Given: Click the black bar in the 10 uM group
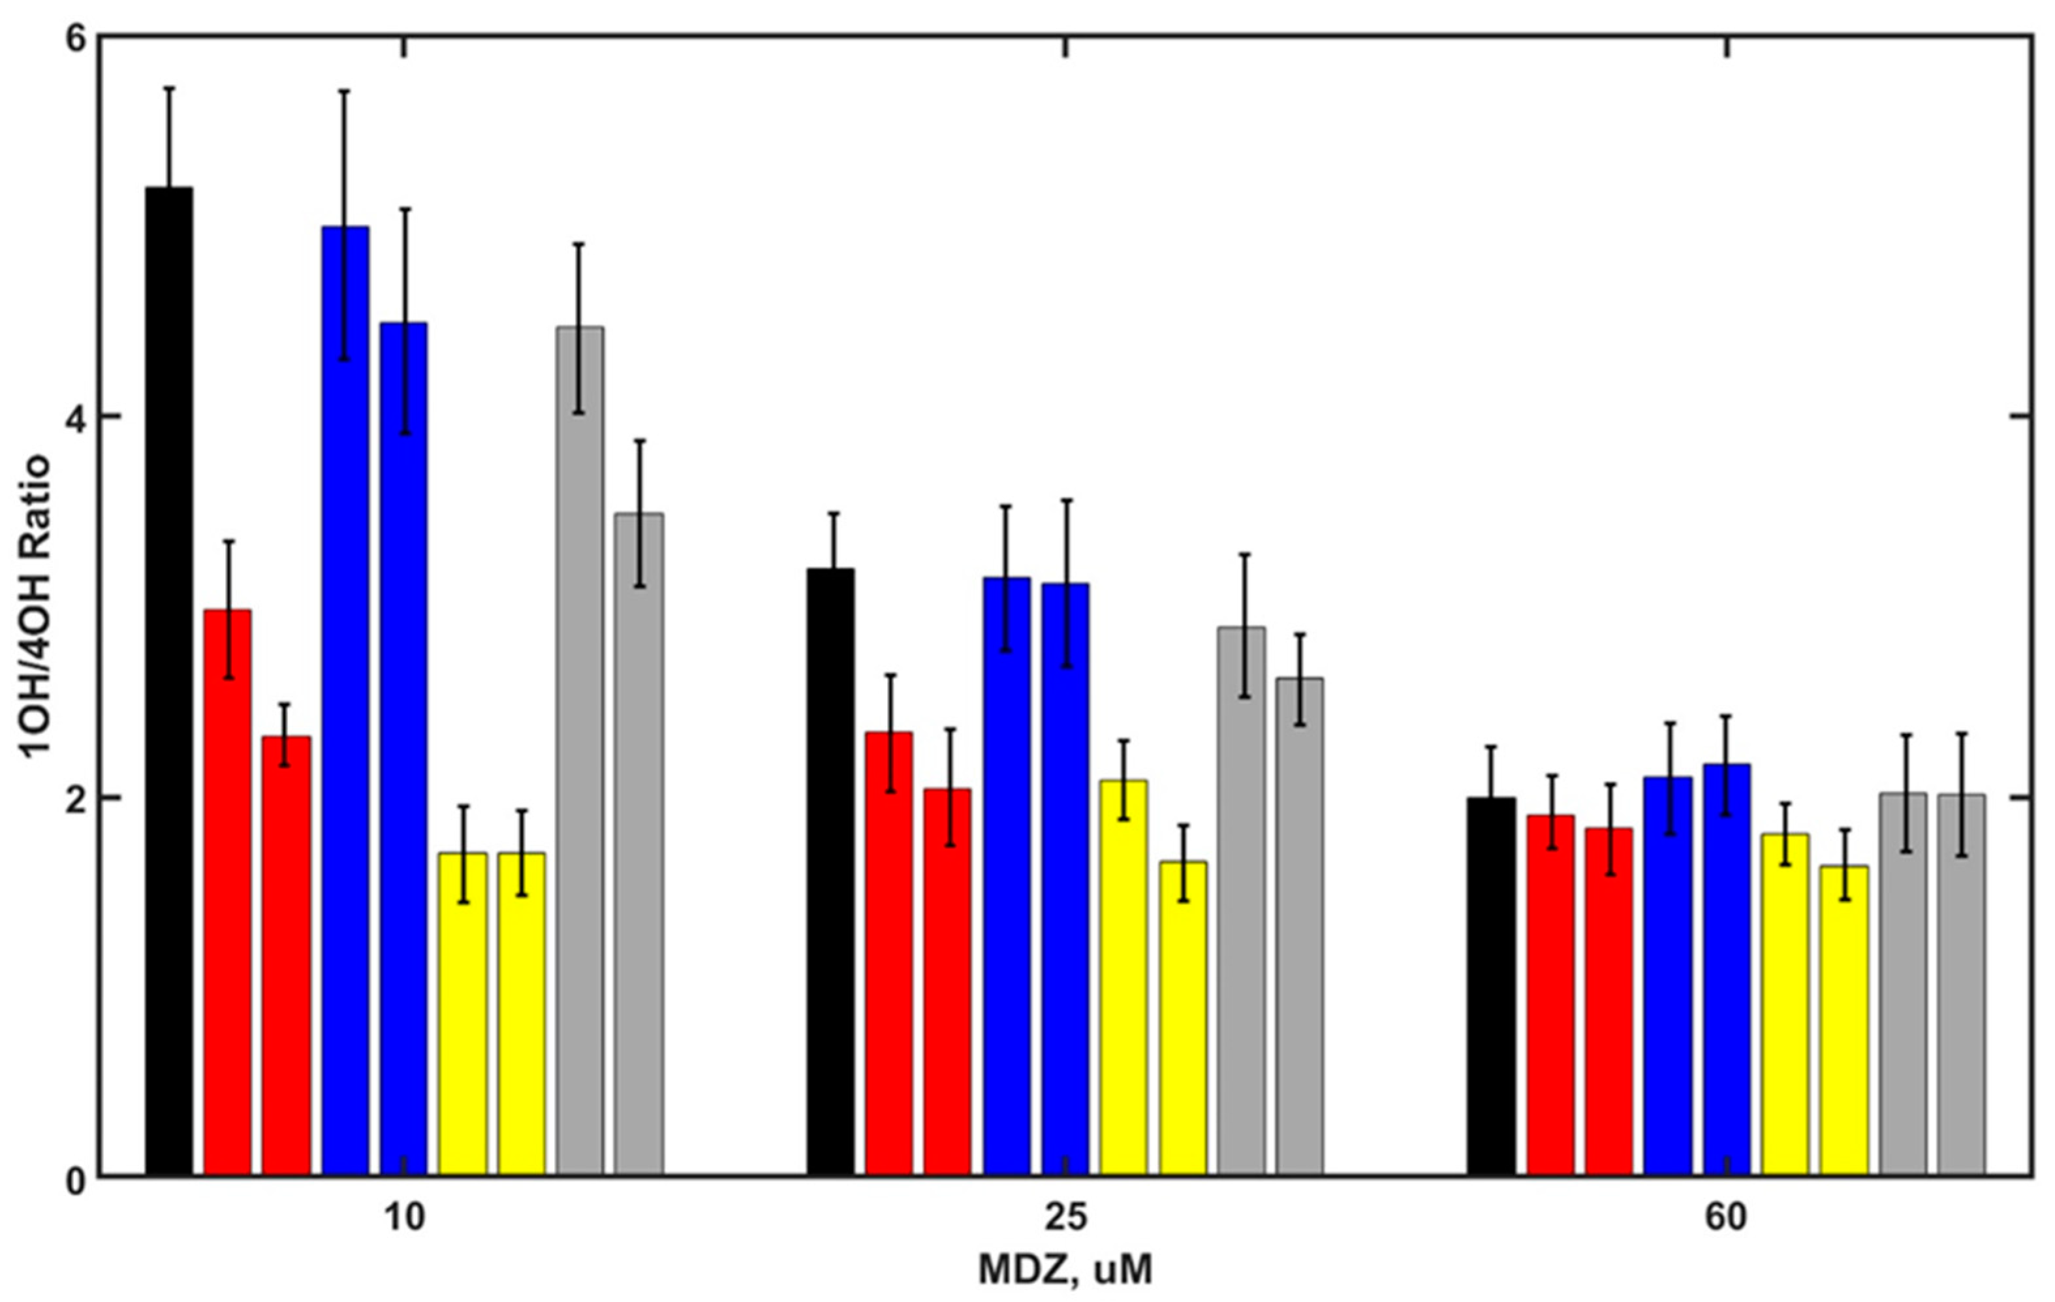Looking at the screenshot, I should tap(169, 683).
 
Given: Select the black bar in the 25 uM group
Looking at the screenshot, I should tap(830, 871).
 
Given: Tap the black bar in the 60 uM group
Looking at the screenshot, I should tap(1492, 986).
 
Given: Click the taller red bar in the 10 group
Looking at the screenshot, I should tap(228, 892).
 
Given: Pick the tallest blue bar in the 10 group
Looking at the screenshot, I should tap(345, 700).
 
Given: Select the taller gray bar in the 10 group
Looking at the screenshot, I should tap(580, 752).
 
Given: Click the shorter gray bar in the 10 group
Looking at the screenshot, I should tap(639, 845).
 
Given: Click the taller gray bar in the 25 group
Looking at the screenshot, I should tap(1242, 900).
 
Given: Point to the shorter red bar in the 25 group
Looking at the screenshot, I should tap(947, 982).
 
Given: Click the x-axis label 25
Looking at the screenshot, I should tap(1066, 1218).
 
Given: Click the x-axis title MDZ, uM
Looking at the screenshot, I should tap(1065, 1269).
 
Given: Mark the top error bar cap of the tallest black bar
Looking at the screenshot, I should tap(169, 88).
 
